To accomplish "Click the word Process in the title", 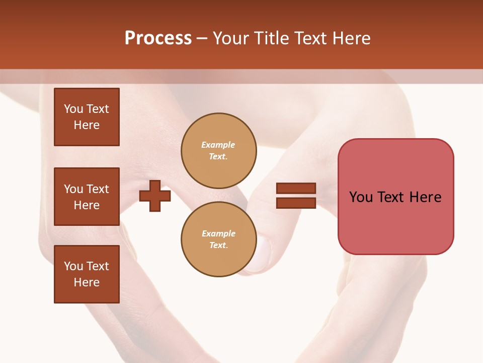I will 158,38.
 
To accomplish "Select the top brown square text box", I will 87,117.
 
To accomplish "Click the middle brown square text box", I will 87,197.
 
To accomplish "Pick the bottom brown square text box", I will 87,274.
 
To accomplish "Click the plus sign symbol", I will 155,196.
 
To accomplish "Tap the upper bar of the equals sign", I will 296,189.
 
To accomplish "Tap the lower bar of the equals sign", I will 296,203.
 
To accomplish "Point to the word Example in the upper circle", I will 218,145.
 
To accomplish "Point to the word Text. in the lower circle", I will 218,246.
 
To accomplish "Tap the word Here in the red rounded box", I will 425,197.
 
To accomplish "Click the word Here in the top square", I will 87,125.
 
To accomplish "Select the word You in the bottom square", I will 73,266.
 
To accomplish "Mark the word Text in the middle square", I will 98,189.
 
